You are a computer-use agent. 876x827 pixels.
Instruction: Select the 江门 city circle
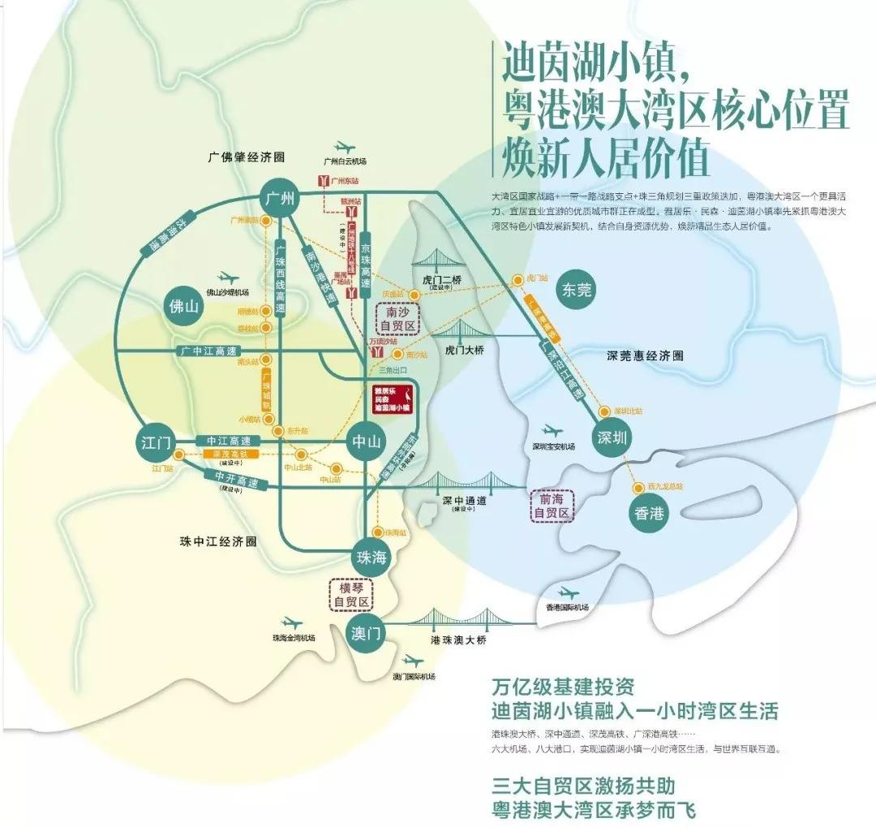click(x=154, y=441)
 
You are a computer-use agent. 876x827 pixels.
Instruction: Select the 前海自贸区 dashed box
click(x=552, y=505)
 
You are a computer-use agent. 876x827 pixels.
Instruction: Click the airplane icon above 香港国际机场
click(x=569, y=594)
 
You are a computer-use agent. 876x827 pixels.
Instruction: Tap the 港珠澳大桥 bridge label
click(x=458, y=641)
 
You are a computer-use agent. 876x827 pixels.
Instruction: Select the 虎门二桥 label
click(x=441, y=278)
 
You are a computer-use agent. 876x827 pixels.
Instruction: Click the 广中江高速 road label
click(x=208, y=350)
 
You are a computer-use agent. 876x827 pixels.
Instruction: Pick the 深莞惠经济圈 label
click(x=645, y=355)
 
